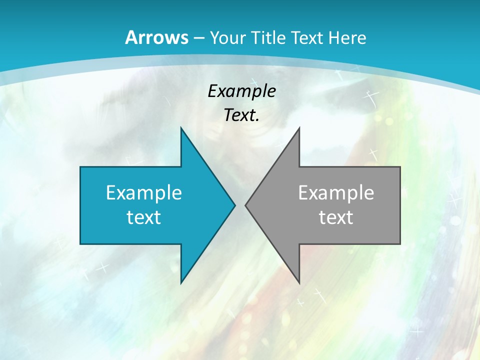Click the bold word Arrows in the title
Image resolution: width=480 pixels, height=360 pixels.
(x=156, y=37)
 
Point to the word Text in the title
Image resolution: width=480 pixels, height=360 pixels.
(x=308, y=37)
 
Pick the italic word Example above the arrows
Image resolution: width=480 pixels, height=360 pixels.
(x=242, y=91)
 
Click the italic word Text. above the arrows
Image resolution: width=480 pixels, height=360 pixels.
(x=242, y=115)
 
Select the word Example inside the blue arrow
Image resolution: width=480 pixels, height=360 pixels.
(x=144, y=192)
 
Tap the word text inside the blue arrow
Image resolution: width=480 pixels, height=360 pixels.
(x=144, y=217)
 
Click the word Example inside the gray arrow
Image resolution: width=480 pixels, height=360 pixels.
(x=336, y=192)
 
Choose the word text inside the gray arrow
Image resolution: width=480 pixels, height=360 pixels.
(x=336, y=217)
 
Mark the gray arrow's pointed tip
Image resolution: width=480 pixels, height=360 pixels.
(x=246, y=205)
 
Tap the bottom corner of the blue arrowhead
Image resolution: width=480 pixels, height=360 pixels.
(x=181, y=282)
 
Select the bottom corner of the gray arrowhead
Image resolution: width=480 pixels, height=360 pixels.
(x=299, y=282)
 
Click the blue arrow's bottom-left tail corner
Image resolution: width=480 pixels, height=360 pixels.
(x=80, y=243)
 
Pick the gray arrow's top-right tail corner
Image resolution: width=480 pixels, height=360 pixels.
(x=399, y=167)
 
